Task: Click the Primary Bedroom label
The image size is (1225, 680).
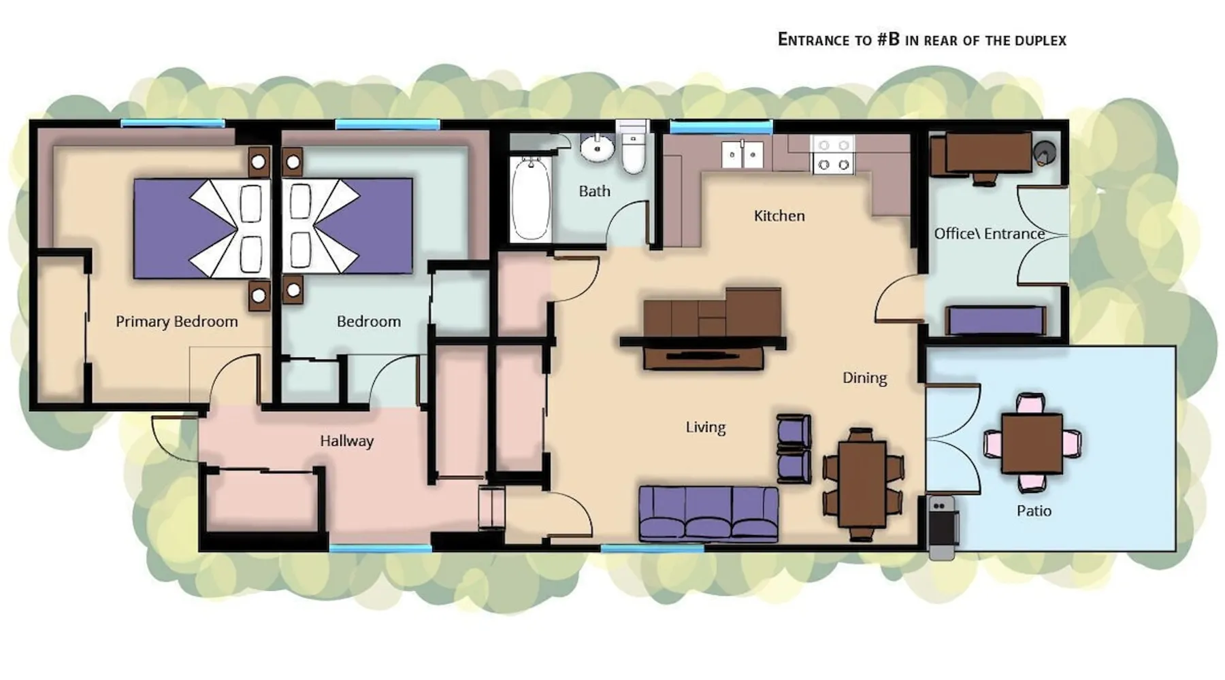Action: (x=177, y=321)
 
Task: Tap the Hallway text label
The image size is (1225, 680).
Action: (x=347, y=441)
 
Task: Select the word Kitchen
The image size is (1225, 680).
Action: (x=779, y=216)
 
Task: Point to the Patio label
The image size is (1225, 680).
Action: (x=1034, y=511)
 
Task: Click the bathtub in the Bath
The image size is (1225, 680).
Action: (x=530, y=199)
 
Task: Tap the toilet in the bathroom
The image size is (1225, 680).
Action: (x=634, y=148)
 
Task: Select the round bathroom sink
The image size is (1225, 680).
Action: (x=598, y=148)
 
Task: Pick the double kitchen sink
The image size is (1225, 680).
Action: (x=742, y=154)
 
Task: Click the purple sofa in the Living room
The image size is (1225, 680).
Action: (x=708, y=514)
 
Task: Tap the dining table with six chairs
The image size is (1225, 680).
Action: (x=862, y=483)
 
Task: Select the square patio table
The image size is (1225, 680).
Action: (x=1032, y=443)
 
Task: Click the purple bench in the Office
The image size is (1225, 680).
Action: (x=995, y=320)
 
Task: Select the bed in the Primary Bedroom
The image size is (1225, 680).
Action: (x=202, y=228)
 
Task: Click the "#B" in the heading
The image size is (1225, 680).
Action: (x=888, y=39)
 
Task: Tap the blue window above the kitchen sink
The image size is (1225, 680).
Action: (x=721, y=126)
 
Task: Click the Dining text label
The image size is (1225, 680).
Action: (x=865, y=378)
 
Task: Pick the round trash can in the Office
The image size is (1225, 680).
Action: (x=1045, y=153)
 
